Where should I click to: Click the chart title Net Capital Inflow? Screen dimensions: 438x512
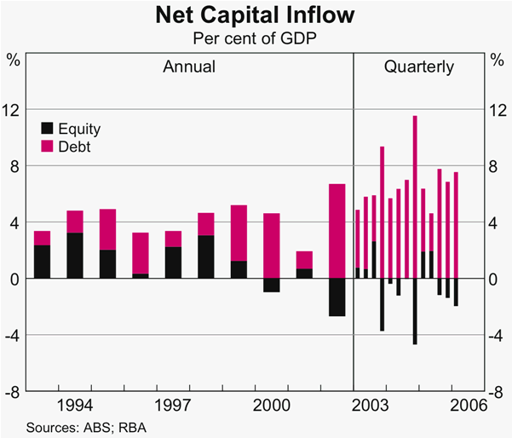[x=256, y=15]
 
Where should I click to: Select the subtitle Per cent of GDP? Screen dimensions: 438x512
[x=256, y=38]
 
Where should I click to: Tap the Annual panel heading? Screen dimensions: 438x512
[x=189, y=66]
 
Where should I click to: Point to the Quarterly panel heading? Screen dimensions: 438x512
[x=418, y=66]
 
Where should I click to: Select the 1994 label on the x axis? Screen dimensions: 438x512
[x=75, y=403]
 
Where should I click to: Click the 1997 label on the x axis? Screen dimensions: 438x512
[x=173, y=403]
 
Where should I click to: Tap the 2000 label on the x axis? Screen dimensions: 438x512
[x=272, y=403]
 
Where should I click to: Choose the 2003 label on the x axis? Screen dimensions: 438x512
[x=370, y=403]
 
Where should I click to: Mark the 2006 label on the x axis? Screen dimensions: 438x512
[x=468, y=403]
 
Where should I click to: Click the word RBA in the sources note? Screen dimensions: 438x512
[x=110, y=426]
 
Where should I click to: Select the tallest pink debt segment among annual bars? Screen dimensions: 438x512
[x=337, y=231]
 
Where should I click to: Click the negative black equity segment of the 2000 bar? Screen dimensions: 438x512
[x=272, y=285]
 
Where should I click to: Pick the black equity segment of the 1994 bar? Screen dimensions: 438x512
[x=75, y=256]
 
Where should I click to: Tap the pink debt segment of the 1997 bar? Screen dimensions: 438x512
[x=173, y=239]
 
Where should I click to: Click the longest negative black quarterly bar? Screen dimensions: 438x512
[x=415, y=312]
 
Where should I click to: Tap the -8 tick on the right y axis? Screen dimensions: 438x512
[x=498, y=392]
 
